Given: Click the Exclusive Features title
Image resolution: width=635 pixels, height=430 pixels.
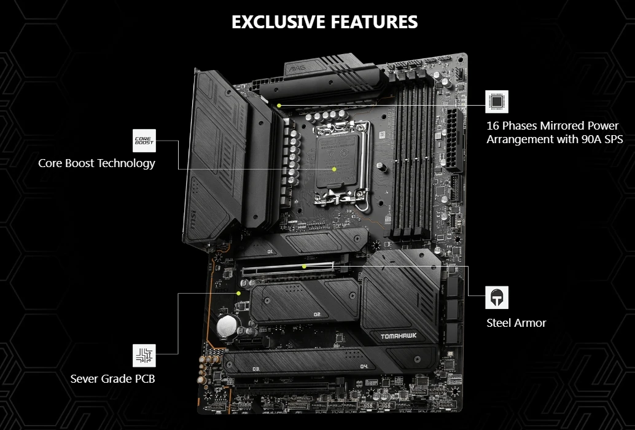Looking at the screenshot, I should [324, 22].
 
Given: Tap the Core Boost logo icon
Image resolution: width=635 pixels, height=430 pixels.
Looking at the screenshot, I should [145, 141].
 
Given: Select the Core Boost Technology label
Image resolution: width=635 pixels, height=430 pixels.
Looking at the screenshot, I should [96, 163].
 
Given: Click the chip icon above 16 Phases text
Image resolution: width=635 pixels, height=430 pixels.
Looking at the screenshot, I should [497, 101].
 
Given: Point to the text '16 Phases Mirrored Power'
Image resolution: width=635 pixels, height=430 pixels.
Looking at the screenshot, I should [544, 126].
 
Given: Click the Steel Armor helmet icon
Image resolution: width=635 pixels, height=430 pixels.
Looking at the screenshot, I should [497, 298].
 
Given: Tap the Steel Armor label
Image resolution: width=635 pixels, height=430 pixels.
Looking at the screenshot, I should [516, 323].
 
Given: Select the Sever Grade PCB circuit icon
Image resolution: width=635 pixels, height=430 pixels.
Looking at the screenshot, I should [145, 354].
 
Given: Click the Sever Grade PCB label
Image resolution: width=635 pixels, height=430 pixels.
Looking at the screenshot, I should [113, 378].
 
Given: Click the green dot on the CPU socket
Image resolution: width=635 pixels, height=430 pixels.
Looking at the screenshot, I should [334, 168].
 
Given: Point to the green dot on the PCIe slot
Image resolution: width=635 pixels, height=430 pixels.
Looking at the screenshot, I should [305, 267].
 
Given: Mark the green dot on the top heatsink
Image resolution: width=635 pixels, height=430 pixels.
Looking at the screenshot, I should [279, 105].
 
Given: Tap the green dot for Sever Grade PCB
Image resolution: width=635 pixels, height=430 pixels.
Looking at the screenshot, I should [238, 294].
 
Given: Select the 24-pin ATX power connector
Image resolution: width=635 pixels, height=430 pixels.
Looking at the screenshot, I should [454, 141].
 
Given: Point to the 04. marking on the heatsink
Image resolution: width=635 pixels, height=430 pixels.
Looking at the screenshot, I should [364, 366].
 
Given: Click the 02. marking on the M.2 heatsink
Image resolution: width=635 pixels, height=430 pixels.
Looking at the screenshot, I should [317, 315].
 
